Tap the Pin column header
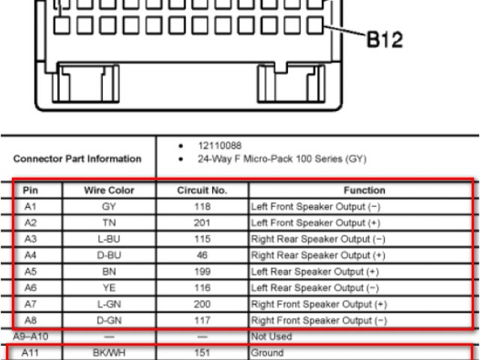click(x=31, y=190)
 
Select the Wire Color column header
click(x=110, y=190)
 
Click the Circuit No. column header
click(x=202, y=190)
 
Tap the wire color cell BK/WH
click(x=110, y=351)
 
